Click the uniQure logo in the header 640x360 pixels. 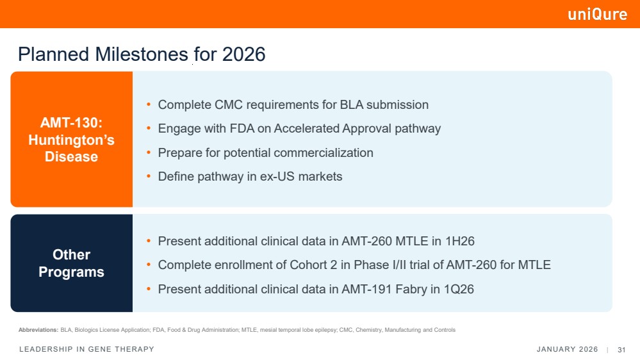click(x=598, y=14)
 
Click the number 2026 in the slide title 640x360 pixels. click(x=243, y=54)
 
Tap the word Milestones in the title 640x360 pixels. click(x=142, y=54)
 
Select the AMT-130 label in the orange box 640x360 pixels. click(x=71, y=122)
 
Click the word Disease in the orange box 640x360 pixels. click(x=71, y=157)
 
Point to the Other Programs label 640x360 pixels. click(x=71, y=263)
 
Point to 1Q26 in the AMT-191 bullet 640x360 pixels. click(x=459, y=290)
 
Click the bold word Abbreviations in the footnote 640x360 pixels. click(x=38, y=330)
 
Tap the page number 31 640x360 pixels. click(x=621, y=350)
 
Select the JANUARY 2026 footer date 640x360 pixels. click(x=567, y=349)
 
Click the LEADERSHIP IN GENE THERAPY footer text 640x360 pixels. click(x=87, y=349)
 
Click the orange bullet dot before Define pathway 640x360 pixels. click(x=149, y=176)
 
